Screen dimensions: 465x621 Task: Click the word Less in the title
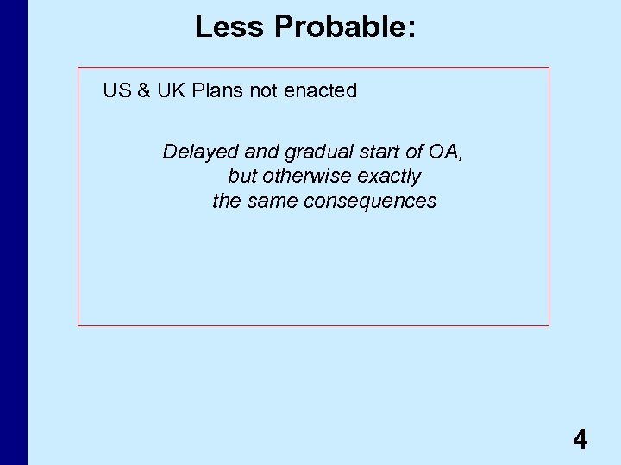point(230,27)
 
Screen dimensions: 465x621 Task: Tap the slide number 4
point(580,441)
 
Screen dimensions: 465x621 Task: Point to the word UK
point(171,90)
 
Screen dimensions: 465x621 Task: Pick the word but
point(242,177)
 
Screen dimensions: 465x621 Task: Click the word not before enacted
point(264,90)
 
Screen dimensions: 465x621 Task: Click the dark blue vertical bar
point(13,232)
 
